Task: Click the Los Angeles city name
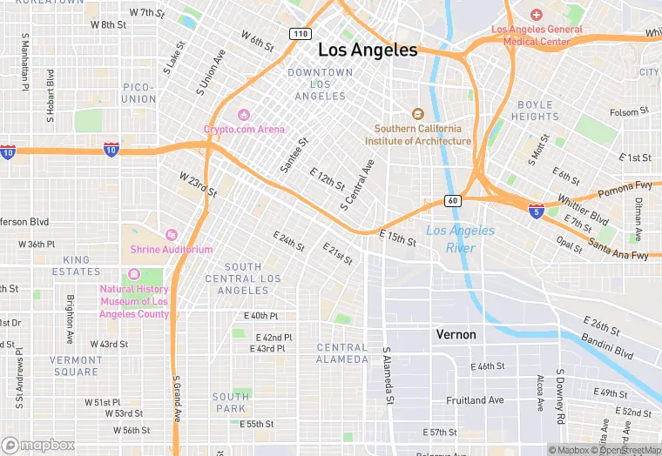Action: (368, 50)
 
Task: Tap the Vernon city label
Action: (456, 334)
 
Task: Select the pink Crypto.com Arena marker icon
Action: (244, 115)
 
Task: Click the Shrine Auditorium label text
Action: (172, 250)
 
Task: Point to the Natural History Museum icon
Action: (134, 275)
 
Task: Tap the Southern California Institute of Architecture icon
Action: (417, 114)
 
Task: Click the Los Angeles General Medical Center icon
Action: (536, 15)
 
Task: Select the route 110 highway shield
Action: (301, 33)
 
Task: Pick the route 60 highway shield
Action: (452, 200)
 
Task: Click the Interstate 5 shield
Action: (537, 210)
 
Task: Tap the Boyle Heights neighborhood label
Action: (535, 111)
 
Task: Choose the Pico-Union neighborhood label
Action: (138, 93)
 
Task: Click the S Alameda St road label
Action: (387, 376)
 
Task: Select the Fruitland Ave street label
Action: (475, 400)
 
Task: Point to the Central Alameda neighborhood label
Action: (342, 353)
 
